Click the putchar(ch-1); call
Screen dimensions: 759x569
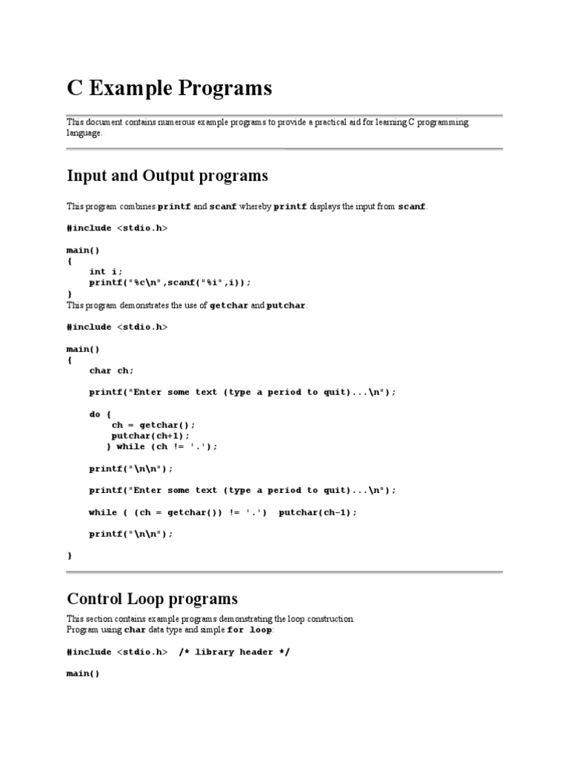(318, 512)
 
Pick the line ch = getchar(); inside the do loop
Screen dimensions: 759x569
(153, 425)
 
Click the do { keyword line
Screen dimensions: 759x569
(100, 414)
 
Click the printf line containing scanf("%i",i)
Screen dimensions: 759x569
(170, 282)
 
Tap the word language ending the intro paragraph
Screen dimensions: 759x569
(85, 133)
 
